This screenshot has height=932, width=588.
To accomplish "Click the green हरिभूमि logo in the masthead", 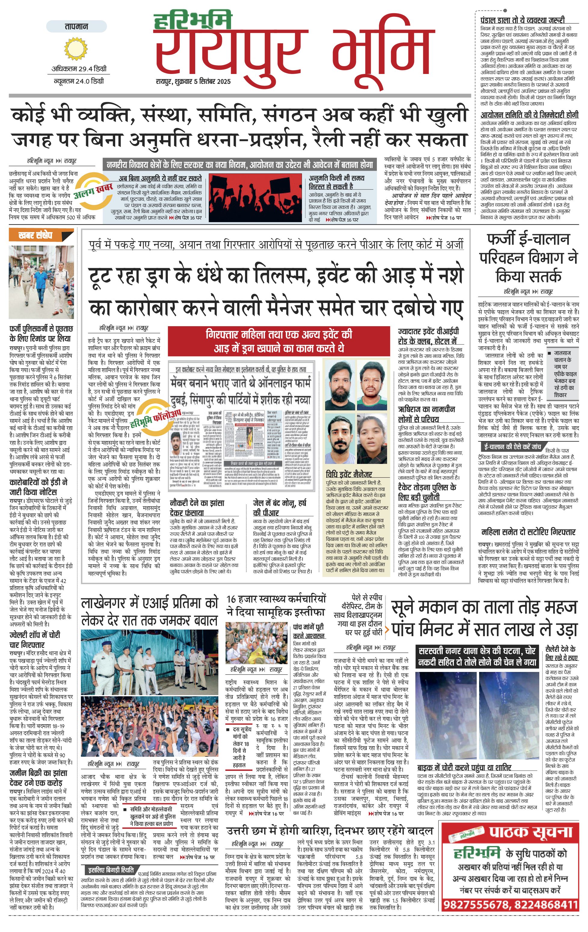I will (192, 21).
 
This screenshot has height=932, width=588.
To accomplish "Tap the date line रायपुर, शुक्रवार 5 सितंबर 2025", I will (193, 81).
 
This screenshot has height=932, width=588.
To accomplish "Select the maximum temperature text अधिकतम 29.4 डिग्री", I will (79, 69).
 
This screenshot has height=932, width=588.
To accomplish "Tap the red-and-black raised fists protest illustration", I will (255, 198).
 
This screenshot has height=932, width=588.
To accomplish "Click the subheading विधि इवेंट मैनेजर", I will (349, 474).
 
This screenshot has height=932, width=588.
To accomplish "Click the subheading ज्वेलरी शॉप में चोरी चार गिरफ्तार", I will (35, 640).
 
